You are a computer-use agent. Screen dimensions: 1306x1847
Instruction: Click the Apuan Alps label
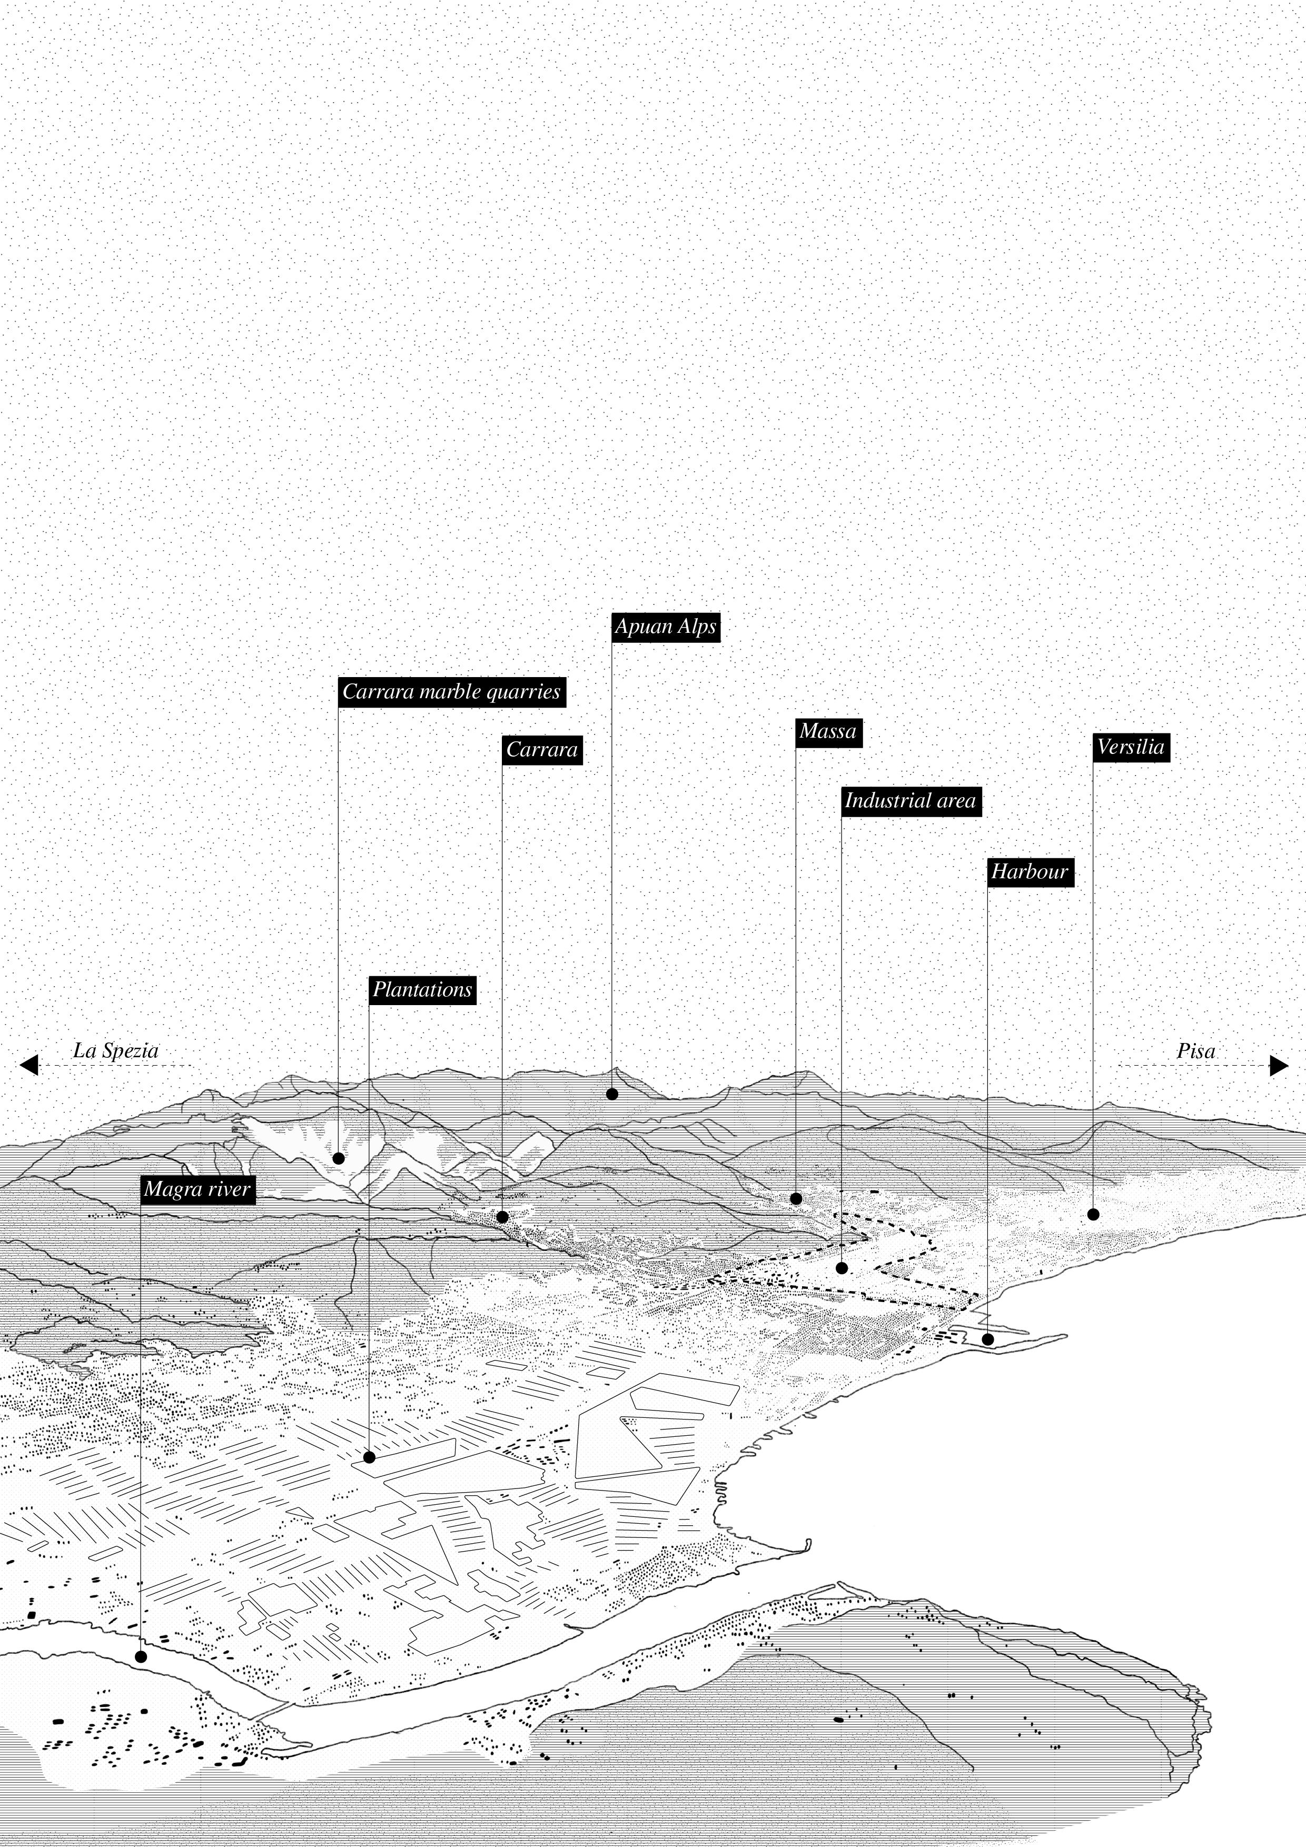pyautogui.click(x=665, y=627)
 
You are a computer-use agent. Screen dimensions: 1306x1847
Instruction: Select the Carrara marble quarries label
pyautogui.click(x=451, y=692)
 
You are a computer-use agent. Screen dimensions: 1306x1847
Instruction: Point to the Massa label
pyautogui.click(x=828, y=732)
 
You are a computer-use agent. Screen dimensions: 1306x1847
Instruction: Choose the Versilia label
pyautogui.click(x=1130, y=747)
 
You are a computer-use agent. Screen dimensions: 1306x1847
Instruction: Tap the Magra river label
pyautogui.click(x=198, y=1190)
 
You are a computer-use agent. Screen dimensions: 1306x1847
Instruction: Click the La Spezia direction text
pyautogui.click(x=116, y=1050)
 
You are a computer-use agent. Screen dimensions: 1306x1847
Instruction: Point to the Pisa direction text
pyautogui.click(x=1196, y=1050)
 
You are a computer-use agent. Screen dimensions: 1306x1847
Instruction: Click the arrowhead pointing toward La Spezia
pyautogui.click(x=29, y=1065)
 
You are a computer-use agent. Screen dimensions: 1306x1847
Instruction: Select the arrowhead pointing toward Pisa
pyautogui.click(x=1279, y=1065)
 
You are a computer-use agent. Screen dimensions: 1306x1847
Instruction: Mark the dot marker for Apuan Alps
pyautogui.click(x=611, y=1094)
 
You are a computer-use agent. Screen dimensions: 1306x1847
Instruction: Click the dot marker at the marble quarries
pyautogui.click(x=339, y=1158)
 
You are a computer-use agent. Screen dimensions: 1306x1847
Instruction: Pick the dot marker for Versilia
pyautogui.click(x=1093, y=1215)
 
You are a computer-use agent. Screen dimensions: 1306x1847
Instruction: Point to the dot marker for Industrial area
pyautogui.click(x=842, y=1268)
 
